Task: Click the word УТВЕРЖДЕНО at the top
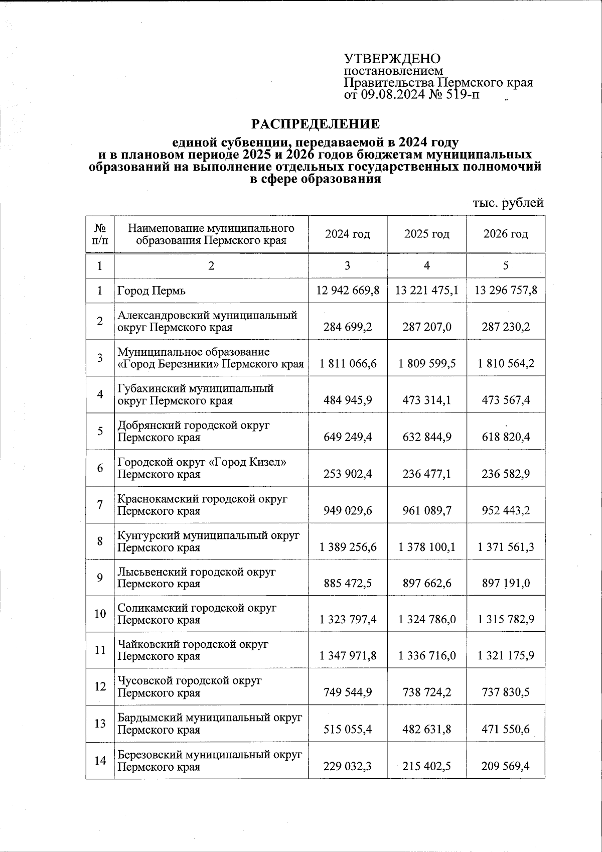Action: [x=392, y=58]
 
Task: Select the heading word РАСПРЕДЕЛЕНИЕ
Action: [x=316, y=123]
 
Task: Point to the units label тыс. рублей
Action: [x=508, y=203]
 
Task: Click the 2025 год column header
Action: [x=427, y=234]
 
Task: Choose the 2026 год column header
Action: [x=506, y=234]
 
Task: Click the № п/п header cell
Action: [x=100, y=234]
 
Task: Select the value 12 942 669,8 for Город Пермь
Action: [x=348, y=291]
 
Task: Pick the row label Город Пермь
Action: [x=152, y=291]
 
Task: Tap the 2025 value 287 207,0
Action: [x=427, y=327]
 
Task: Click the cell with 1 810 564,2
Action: [x=506, y=363]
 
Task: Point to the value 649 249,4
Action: [x=348, y=437]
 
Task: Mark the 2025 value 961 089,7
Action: [x=427, y=510]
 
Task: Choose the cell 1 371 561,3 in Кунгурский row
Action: [x=506, y=547]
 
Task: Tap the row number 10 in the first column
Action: [x=100, y=614]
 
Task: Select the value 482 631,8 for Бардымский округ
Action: [x=427, y=729]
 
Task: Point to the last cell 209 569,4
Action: [x=506, y=766]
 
